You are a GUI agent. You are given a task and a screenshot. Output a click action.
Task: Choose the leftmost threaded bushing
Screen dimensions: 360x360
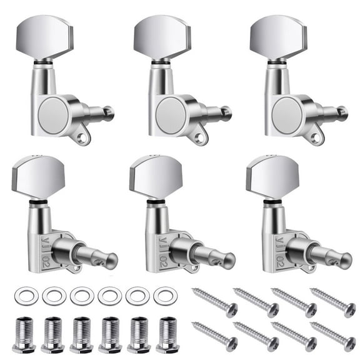[x=23, y=335]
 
